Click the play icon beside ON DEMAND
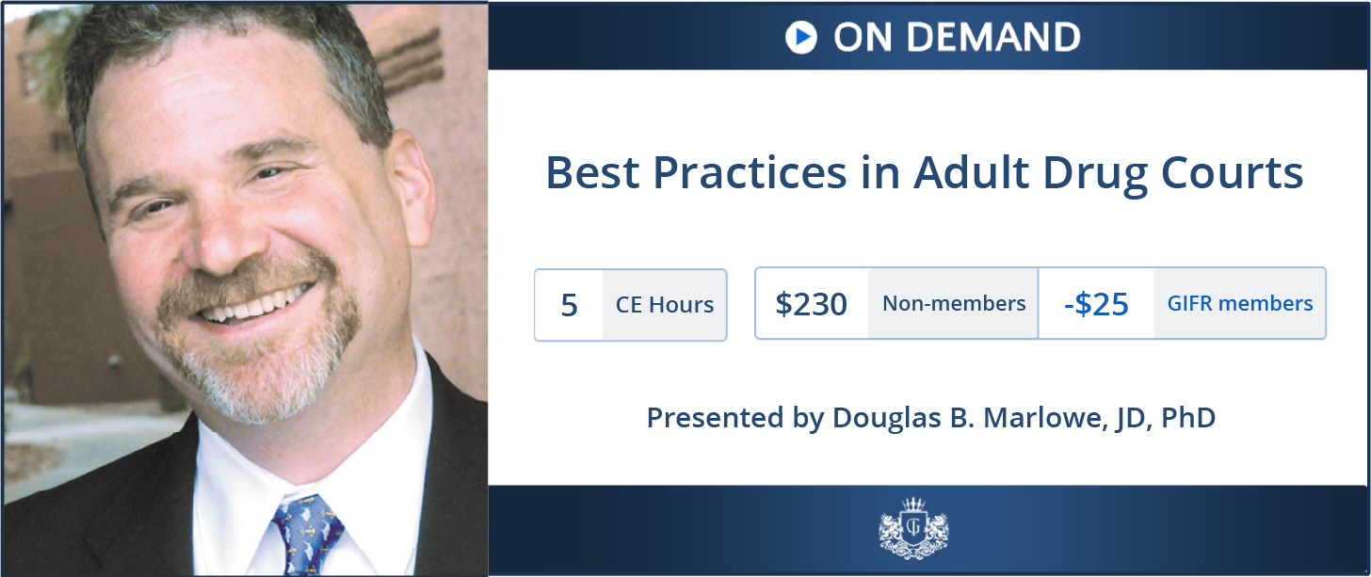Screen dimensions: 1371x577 pyautogui.click(x=801, y=37)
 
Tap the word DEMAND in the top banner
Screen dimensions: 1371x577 pyautogui.click(x=993, y=37)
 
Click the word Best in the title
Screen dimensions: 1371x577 pyautogui.click(x=592, y=172)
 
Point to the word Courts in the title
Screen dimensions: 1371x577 pyautogui.click(x=1232, y=172)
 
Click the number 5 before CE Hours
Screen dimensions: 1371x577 pyautogui.click(x=569, y=305)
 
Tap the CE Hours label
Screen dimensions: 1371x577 pyautogui.click(x=665, y=305)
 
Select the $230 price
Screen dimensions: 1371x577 pyautogui.click(x=811, y=303)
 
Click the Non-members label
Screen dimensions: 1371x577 pyautogui.click(x=954, y=303)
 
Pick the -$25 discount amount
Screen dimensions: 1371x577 pyautogui.click(x=1096, y=303)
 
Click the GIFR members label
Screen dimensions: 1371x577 pyautogui.click(x=1240, y=303)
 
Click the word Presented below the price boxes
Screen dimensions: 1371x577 pyautogui.click(x=716, y=418)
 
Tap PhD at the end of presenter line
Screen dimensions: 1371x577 pyautogui.click(x=1188, y=417)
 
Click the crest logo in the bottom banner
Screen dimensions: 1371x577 pyautogui.click(x=913, y=527)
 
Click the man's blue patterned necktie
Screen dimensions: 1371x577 pyautogui.click(x=303, y=534)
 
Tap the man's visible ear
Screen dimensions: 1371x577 pyautogui.click(x=411, y=184)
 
